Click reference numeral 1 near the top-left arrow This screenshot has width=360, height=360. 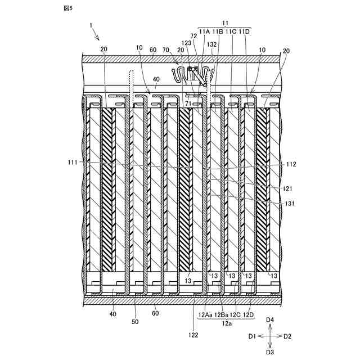[x=91, y=25]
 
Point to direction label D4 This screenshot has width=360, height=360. [x=269, y=319]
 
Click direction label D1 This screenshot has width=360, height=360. [x=253, y=336]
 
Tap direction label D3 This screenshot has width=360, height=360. [x=269, y=352]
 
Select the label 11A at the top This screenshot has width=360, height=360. [x=204, y=31]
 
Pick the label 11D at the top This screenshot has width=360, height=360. [x=245, y=31]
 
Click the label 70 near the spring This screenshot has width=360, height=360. [x=166, y=49]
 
